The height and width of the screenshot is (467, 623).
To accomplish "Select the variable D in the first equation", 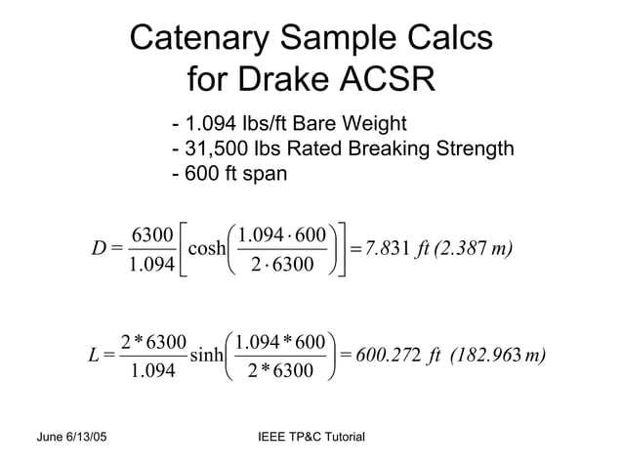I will [x=100, y=248].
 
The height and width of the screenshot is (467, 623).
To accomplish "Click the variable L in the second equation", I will [x=95, y=353].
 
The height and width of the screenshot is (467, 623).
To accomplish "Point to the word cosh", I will [x=207, y=247].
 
